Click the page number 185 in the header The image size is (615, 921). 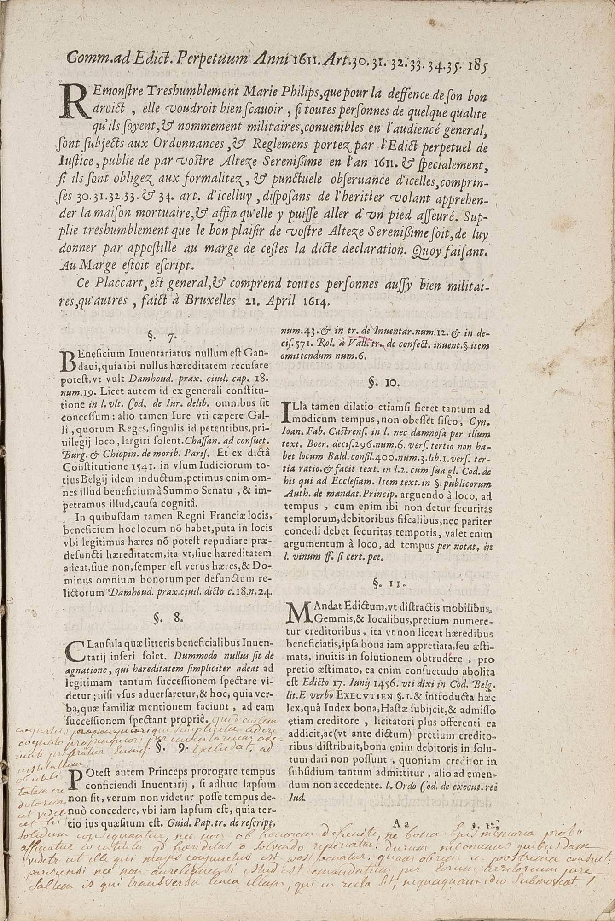coord(479,63)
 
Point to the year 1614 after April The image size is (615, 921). coord(316,302)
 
